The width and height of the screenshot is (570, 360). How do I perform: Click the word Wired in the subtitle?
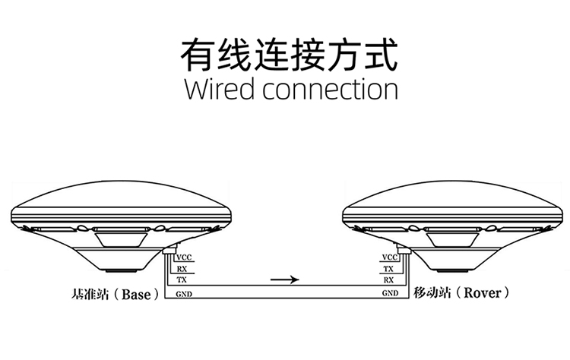pos(220,89)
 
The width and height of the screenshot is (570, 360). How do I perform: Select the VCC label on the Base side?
pos(183,257)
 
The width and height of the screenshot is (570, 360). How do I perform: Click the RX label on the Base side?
pos(182,269)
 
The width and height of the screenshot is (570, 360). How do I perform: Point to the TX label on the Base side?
pos(182,280)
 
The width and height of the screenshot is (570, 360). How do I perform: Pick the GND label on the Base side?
pos(183,293)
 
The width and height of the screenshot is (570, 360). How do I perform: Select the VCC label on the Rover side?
pos(388,257)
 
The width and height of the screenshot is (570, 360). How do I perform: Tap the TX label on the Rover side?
pos(388,269)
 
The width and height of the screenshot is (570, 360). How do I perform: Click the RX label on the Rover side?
pos(388,280)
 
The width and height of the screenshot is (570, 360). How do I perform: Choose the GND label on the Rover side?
pos(388,293)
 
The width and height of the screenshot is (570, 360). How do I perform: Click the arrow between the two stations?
pos(286,279)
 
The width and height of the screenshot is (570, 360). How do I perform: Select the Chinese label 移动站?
pos(430,292)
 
